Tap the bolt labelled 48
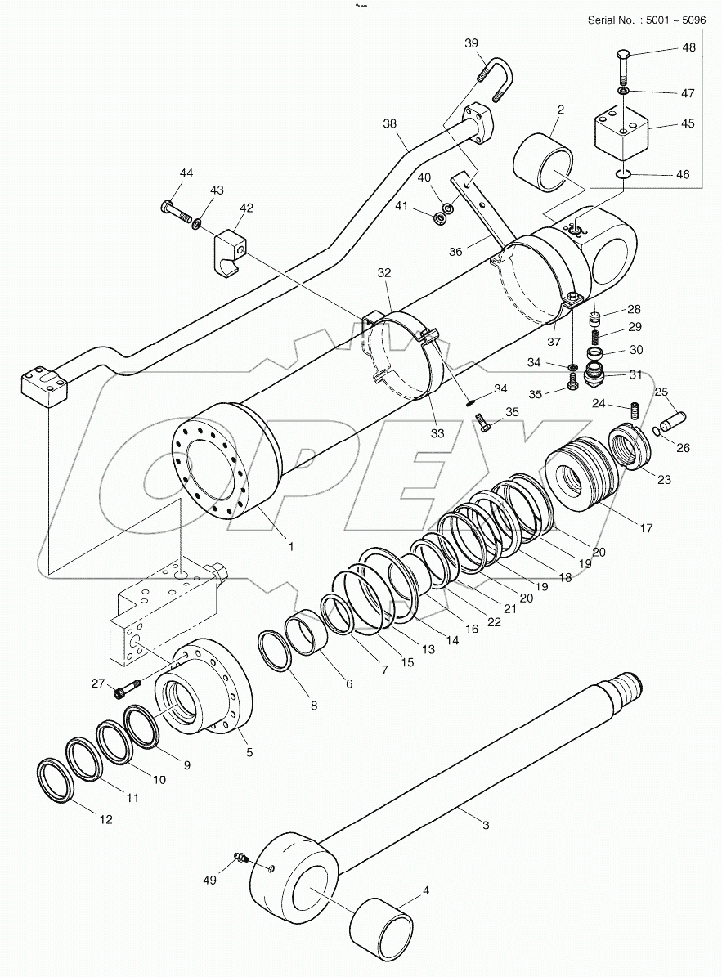[622, 65]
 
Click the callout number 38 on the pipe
[390, 124]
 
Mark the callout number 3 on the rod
[486, 826]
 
